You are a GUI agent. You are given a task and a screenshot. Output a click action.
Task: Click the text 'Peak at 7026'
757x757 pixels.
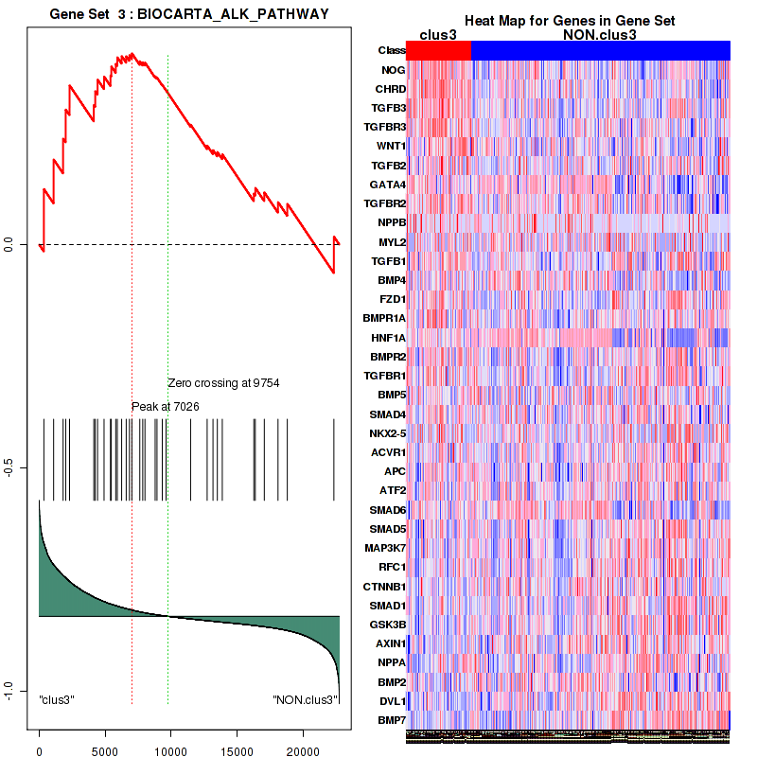click(165, 406)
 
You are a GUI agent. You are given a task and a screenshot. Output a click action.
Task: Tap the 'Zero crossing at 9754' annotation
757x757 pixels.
click(223, 383)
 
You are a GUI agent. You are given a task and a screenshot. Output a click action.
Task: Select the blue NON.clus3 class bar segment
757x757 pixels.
click(600, 50)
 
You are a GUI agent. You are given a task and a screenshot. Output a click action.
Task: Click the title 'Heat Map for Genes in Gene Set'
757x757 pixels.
click(569, 21)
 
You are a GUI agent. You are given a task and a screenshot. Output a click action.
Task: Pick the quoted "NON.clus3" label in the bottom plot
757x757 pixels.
click(305, 699)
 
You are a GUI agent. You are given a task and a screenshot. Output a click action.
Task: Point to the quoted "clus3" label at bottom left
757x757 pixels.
click(57, 699)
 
